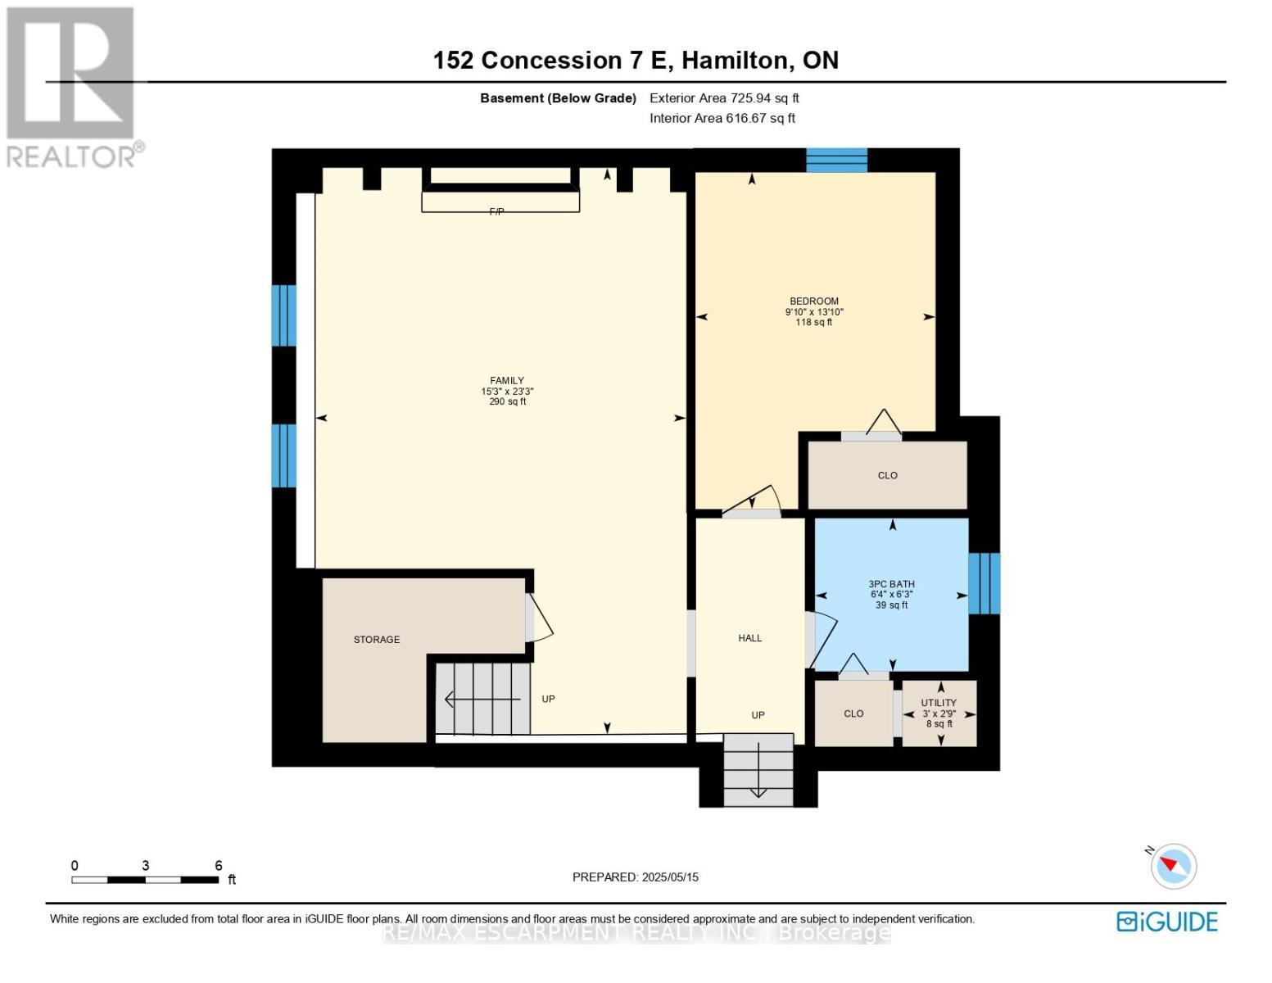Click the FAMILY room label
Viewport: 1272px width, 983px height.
[x=507, y=381]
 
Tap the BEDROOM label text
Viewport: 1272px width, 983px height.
[x=813, y=301]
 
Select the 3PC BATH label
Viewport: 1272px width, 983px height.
[x=891, y=585]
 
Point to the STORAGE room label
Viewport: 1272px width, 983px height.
[x=377, y=640]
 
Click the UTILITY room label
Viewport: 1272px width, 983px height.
[x=939, y=703]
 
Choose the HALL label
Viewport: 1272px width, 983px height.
[x=749, y=638]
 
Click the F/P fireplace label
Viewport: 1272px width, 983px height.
[x=496, y=211]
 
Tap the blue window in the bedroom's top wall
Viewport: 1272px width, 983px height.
[x=836, y=161]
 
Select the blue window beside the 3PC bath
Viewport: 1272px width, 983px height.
[x=984, y=583]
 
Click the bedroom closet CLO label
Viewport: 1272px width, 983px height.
[x=887, y=476]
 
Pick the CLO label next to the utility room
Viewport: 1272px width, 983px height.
[x=853, y=713]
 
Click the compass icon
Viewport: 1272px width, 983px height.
[x=1173, y=866]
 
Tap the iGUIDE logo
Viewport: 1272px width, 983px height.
[x=1167, y=922]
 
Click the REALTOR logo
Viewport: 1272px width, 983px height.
[x=73, y=86]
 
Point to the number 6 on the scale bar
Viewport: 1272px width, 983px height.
[x=219, y=866]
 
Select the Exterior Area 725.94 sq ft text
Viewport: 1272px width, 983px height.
[x=724, y=98]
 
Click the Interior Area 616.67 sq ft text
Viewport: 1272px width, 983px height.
[x=722, y=118]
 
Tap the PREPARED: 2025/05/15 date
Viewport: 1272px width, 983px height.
[x=635, y=877]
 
